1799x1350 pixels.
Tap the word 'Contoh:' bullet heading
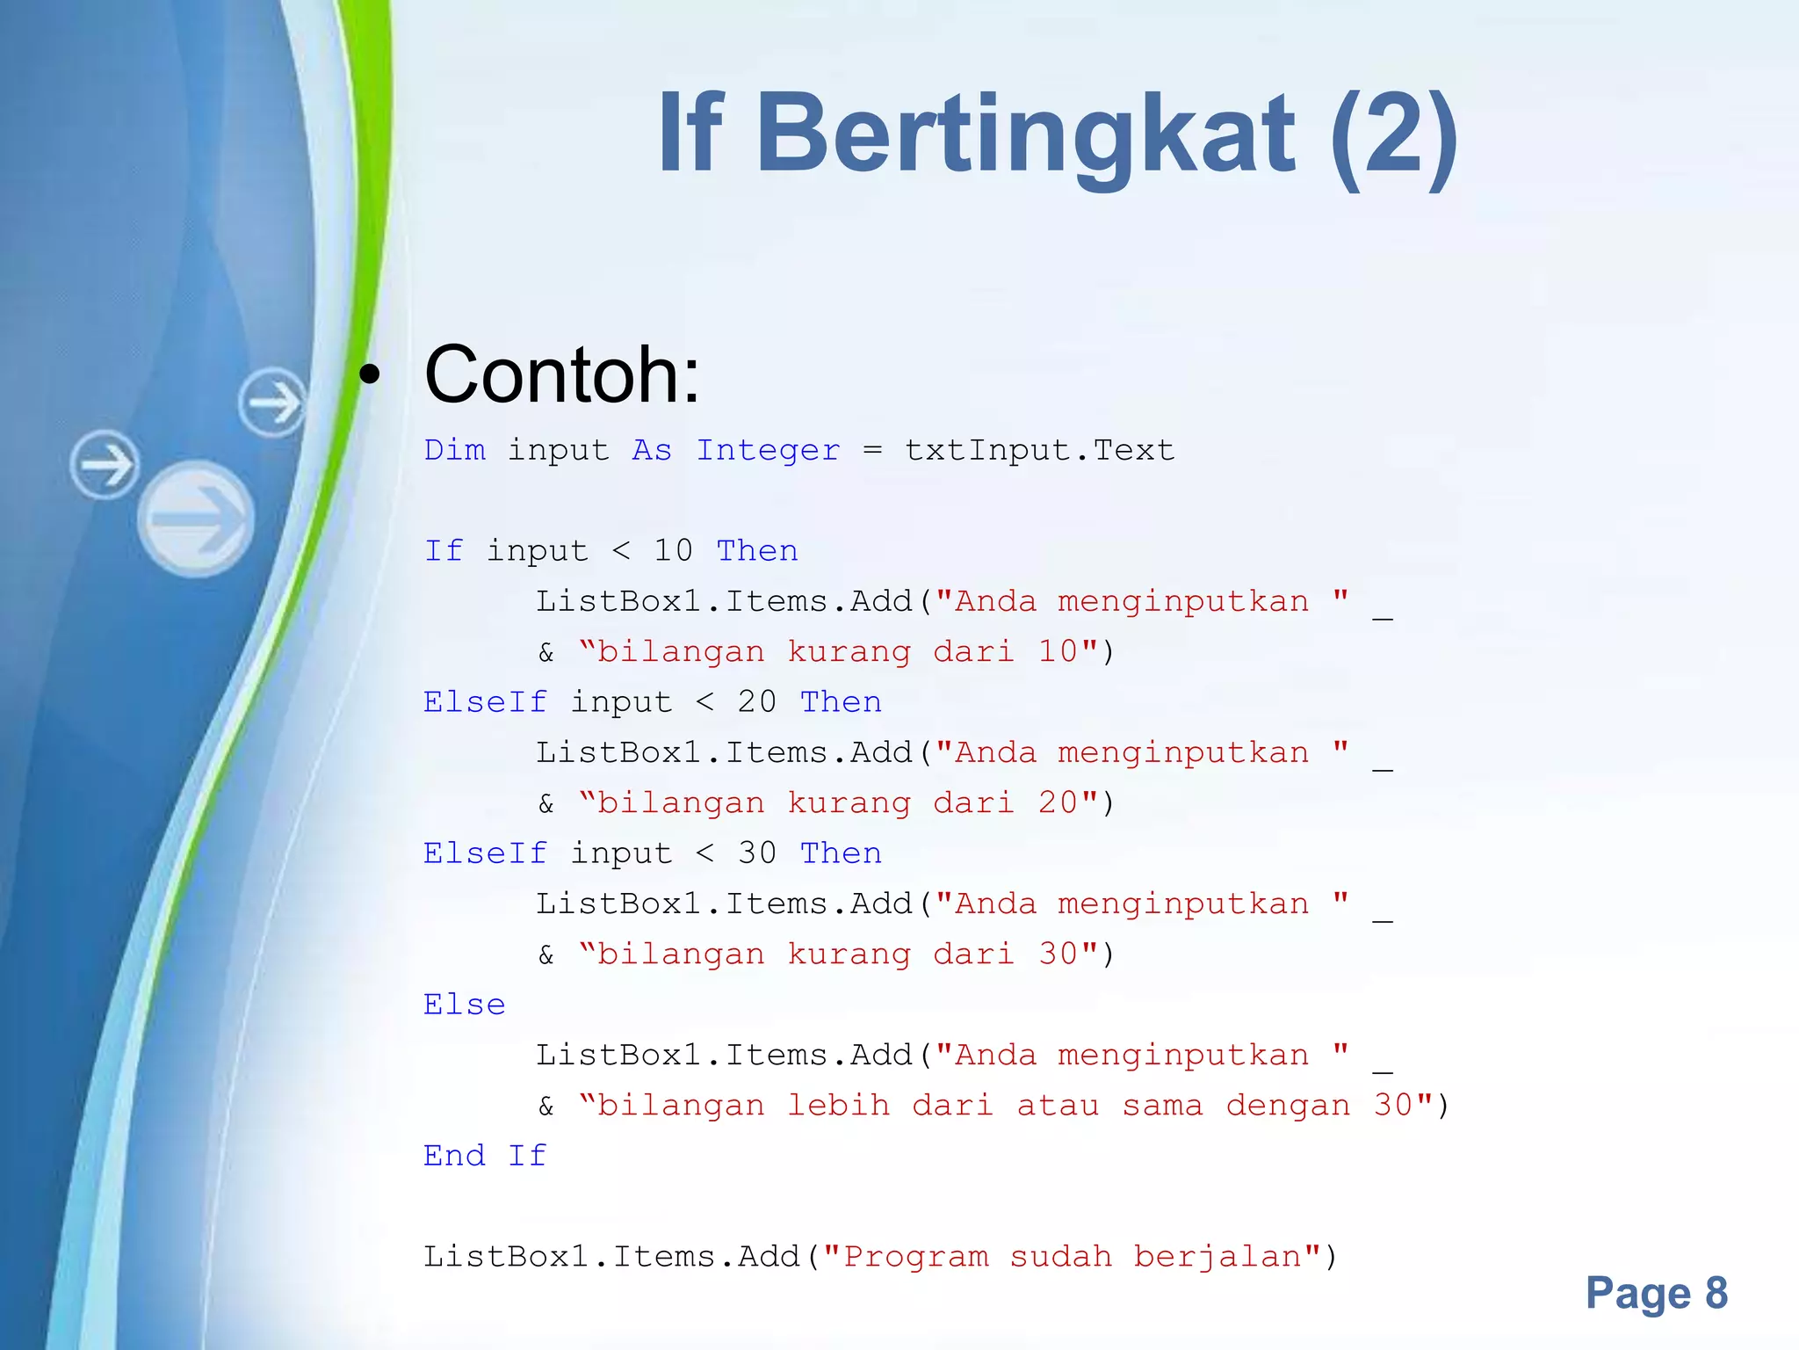(x=562, y=375)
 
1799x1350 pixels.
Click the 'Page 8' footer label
(x=1656, y=1293)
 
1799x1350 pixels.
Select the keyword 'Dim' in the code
(x=454, y=451)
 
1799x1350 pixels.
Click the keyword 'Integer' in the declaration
(x=768, y=451)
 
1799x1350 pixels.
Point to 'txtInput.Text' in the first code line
(x=1039, y=451)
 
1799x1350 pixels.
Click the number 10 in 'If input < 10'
(x=673, y=551)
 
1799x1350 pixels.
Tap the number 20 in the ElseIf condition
(x=756, y=702)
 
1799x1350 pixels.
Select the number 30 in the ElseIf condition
(x=756, y=853)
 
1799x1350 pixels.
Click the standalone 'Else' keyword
(x=464, y=1005)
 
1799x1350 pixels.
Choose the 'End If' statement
(x=485, y=1156)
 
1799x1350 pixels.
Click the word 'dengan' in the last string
(x=1288, y=1106)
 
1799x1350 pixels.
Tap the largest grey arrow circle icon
(x=196, y=519)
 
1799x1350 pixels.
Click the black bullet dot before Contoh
(x=370, y=375)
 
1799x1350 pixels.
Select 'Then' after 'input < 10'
(x=757, y=551)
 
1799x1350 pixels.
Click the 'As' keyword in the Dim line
(x=652, y=451)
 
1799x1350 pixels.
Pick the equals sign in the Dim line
(x=871, y=451)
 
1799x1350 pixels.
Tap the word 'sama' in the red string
(x=1162, y=1106)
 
